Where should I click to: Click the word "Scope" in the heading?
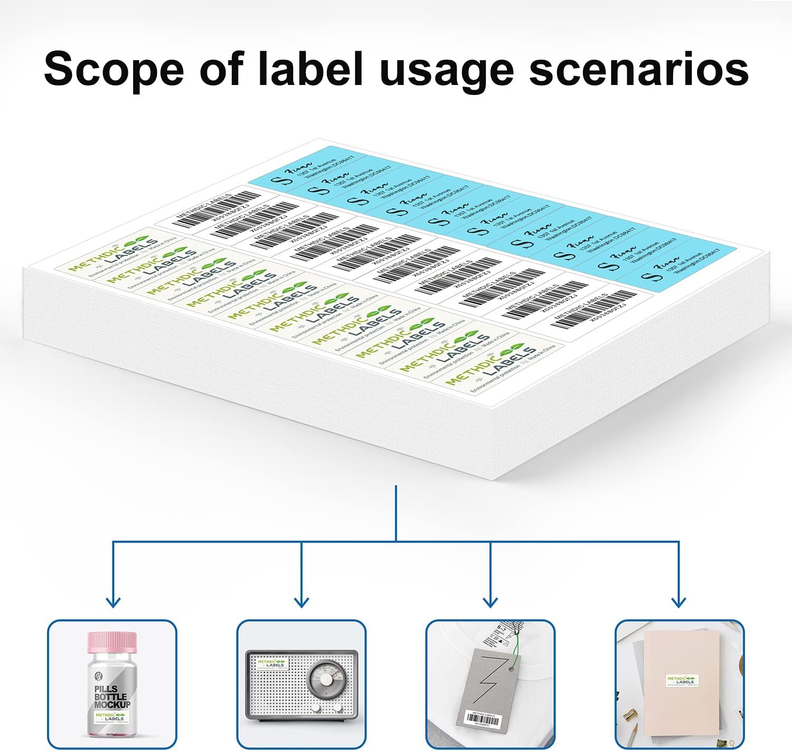point(114,69)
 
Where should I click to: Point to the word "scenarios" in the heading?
point(638,69)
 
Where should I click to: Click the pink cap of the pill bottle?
point(111,642)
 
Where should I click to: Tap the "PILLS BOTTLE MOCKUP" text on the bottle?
point(112,697)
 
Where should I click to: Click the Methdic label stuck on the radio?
point(271,663)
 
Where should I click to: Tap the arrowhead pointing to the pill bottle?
point(113,602)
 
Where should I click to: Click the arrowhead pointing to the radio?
point(301,602)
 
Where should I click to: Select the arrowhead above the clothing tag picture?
point(491,602)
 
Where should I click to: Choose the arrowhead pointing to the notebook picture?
point(678,602)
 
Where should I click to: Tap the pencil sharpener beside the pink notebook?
point(629,717)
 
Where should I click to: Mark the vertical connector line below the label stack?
point(396,512)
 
